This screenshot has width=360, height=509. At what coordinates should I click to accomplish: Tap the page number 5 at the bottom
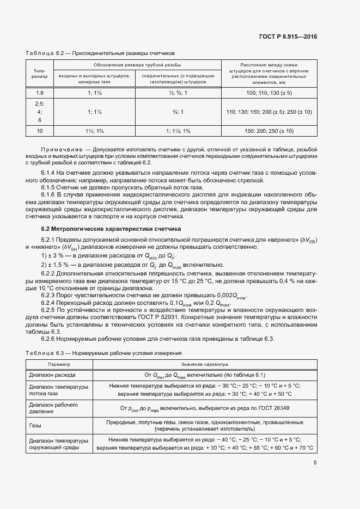coord(315,463)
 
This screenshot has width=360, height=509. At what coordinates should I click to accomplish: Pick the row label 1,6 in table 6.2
coord(39,94)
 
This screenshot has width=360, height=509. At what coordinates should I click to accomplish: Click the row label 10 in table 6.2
coord(39,131)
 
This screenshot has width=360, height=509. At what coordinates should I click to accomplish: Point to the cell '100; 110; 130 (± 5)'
coord(269,94)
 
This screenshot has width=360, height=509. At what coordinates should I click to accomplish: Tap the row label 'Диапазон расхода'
coord(52,375)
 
